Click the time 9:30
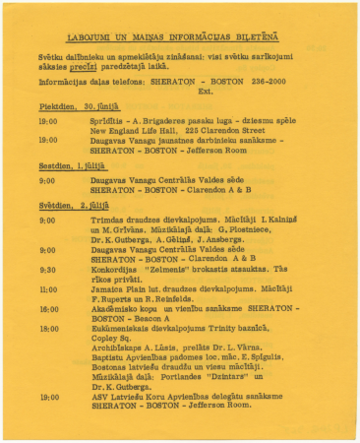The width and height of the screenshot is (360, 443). pyautogui.click(x=47, y=269)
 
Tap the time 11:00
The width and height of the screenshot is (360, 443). pyautogui.click(x=48, y=289)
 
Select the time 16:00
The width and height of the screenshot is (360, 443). pyautogui.click(x=48, y=309)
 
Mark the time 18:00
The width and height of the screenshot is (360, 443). pyautogui.click(x=48, y=329)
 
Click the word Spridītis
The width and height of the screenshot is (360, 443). pyautogui.click(x=109, y=120)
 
